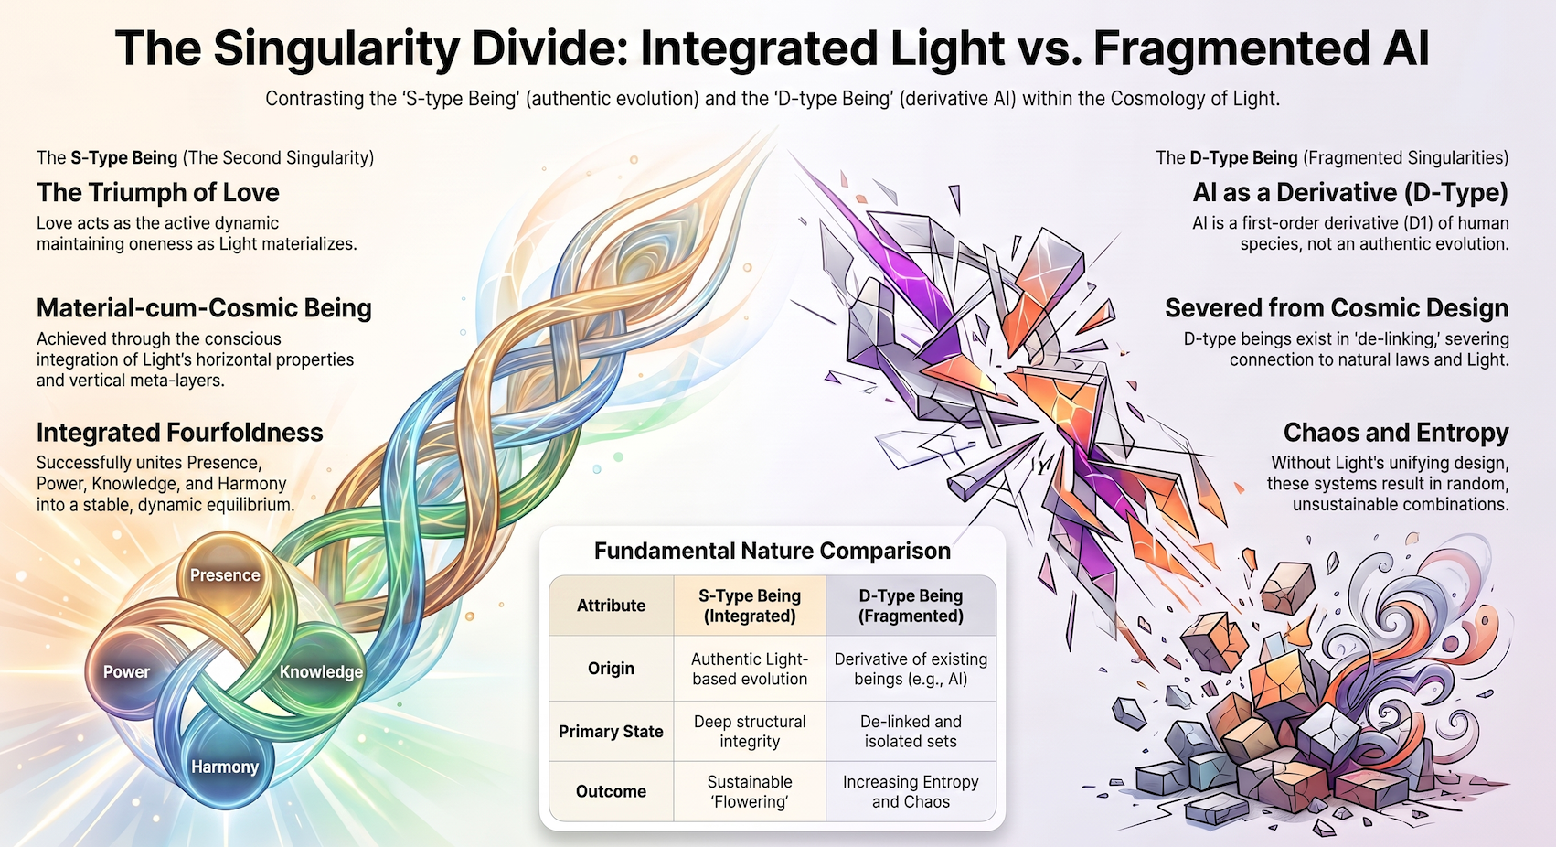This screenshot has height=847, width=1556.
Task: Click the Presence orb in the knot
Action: (x=224, y=575)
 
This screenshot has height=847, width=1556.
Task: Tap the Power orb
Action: (x=127, y=671)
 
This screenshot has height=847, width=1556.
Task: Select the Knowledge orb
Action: (x=320, y=671)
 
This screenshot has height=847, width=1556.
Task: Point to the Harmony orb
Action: (x=224, y=767)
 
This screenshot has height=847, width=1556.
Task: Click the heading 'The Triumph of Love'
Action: (x=157, y=192)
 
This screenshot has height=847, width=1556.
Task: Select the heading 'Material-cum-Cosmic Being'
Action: (x=204, y=308)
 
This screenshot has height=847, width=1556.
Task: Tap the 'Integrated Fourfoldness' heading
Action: (x=180, y=432)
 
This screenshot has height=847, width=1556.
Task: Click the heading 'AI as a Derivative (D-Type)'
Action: (x=1350, y=192)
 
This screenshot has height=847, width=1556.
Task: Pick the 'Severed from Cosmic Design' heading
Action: (x=1338, y=308)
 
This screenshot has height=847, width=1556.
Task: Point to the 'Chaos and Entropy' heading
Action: (x=1396, y=432)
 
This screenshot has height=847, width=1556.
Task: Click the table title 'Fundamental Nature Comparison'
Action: (x=772, y=551)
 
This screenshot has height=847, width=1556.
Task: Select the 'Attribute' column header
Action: (x=612, y=606)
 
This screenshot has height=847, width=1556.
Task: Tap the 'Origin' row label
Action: (x=612, y=669)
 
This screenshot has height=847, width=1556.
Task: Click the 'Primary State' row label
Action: (x=612, y=732)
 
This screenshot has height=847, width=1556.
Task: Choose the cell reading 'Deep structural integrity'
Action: (x=750, y=732)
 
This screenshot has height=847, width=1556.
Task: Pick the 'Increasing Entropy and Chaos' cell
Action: (x=911, y=791)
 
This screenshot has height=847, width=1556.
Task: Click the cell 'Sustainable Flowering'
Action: (x=750, y=791)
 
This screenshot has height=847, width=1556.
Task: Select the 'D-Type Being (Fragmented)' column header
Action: (x=911, y=606)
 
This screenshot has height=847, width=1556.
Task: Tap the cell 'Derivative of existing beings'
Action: (x=911, y=669)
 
